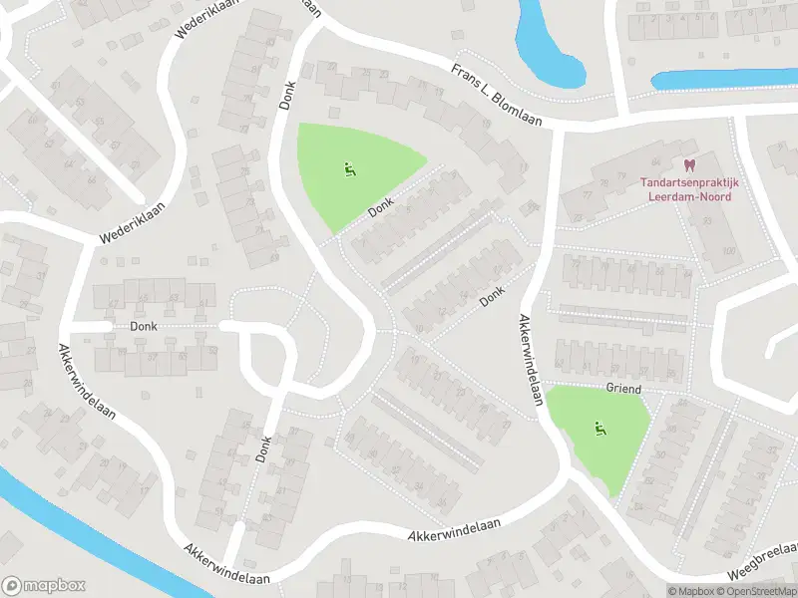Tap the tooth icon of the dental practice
point(687,165)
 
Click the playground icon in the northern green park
point(349,170)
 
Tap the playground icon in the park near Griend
point(599,430)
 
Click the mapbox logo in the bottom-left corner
point(43,586)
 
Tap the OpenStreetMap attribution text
point(757,591)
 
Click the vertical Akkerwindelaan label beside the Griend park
point(529,359)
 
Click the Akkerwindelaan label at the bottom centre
point(454,529)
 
